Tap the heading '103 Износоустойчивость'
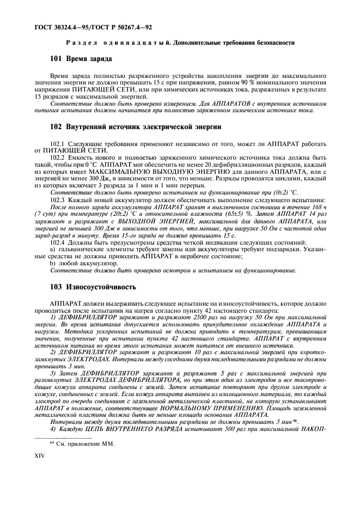tap(93, 287)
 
